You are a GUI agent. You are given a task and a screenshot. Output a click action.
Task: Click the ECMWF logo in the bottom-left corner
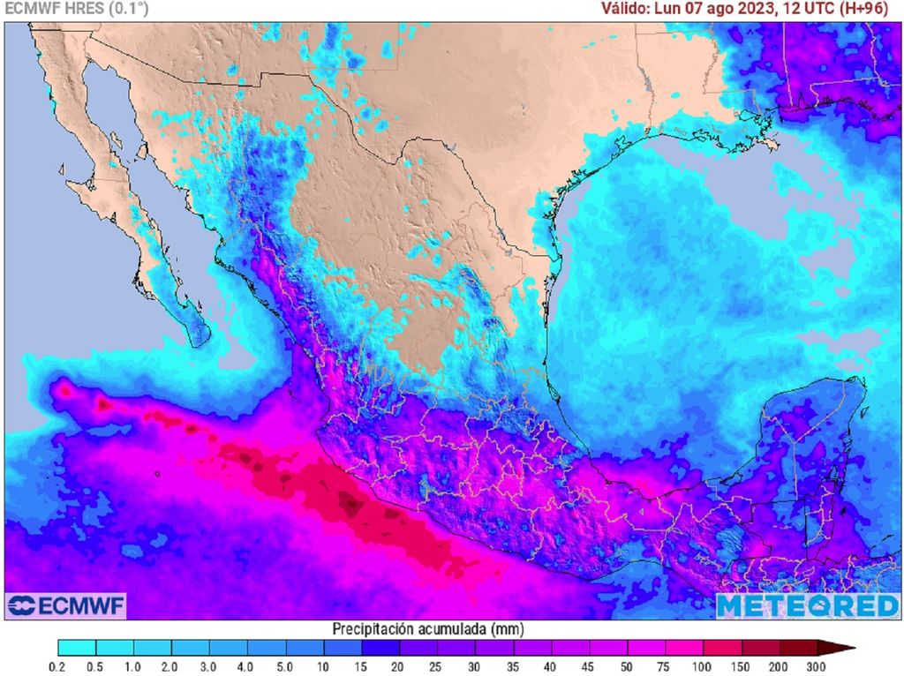[x=66, y=606]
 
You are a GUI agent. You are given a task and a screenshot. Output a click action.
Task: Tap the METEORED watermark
[x=807, y=606]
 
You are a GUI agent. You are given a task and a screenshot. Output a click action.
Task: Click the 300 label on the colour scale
[x=817, y=666]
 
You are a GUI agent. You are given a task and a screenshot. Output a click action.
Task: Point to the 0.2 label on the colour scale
[x=58, y=666]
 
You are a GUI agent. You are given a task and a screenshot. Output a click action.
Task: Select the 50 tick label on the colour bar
[x=627, y=666]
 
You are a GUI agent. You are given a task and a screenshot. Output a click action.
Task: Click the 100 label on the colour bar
[x=703, y=666]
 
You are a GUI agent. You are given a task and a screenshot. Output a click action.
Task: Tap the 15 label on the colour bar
[x=361, y=666]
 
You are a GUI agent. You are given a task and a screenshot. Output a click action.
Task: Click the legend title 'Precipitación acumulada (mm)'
[x=421, y=629]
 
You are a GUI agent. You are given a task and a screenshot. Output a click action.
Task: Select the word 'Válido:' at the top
[x=626, y=9]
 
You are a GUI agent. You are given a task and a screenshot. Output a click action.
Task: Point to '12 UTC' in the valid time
[x=808, y=9]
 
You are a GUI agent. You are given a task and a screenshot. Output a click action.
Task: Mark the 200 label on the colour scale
[x=779, y=666]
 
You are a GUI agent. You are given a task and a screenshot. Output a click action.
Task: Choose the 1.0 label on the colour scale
[x=134, y=666]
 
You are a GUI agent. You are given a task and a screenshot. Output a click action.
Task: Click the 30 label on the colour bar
[x=475, y=666]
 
